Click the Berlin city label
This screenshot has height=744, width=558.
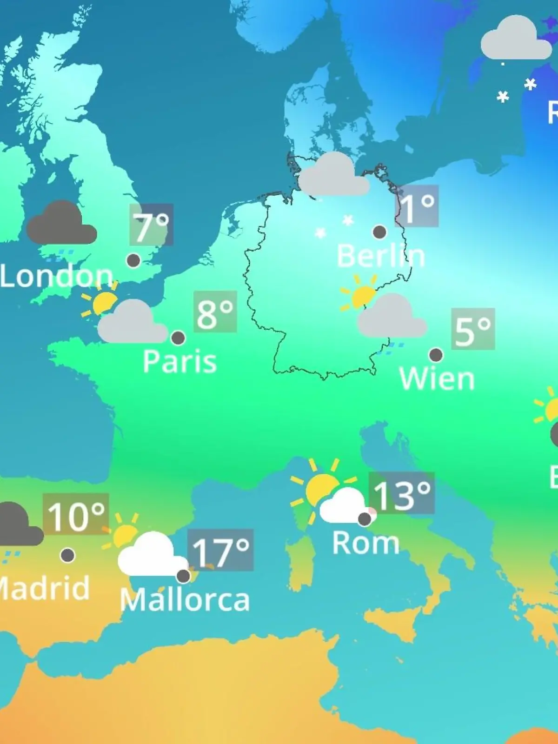pos(380,256)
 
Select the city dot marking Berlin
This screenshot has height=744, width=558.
pos(379,232)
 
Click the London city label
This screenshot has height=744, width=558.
pos(57,276)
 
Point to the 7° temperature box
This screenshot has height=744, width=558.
pos(151,225)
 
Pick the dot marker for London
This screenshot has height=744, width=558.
pos(133,260)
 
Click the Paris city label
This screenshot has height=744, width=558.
pos(179,361)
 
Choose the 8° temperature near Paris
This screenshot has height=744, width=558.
pos(215,312)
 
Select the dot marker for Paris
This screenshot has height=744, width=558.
pos(178,338)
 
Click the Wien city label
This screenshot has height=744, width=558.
pos(437,379)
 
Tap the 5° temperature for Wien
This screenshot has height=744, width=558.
pos(472,329)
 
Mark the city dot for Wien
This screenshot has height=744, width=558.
pos(436,355)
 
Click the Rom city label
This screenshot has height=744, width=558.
pos(366,543)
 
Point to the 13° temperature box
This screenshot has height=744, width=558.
pos(401,493)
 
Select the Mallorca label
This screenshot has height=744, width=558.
pos(185,600)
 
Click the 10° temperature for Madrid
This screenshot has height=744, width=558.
pos(76,514)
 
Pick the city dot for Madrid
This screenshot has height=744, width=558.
pos(67,555)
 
